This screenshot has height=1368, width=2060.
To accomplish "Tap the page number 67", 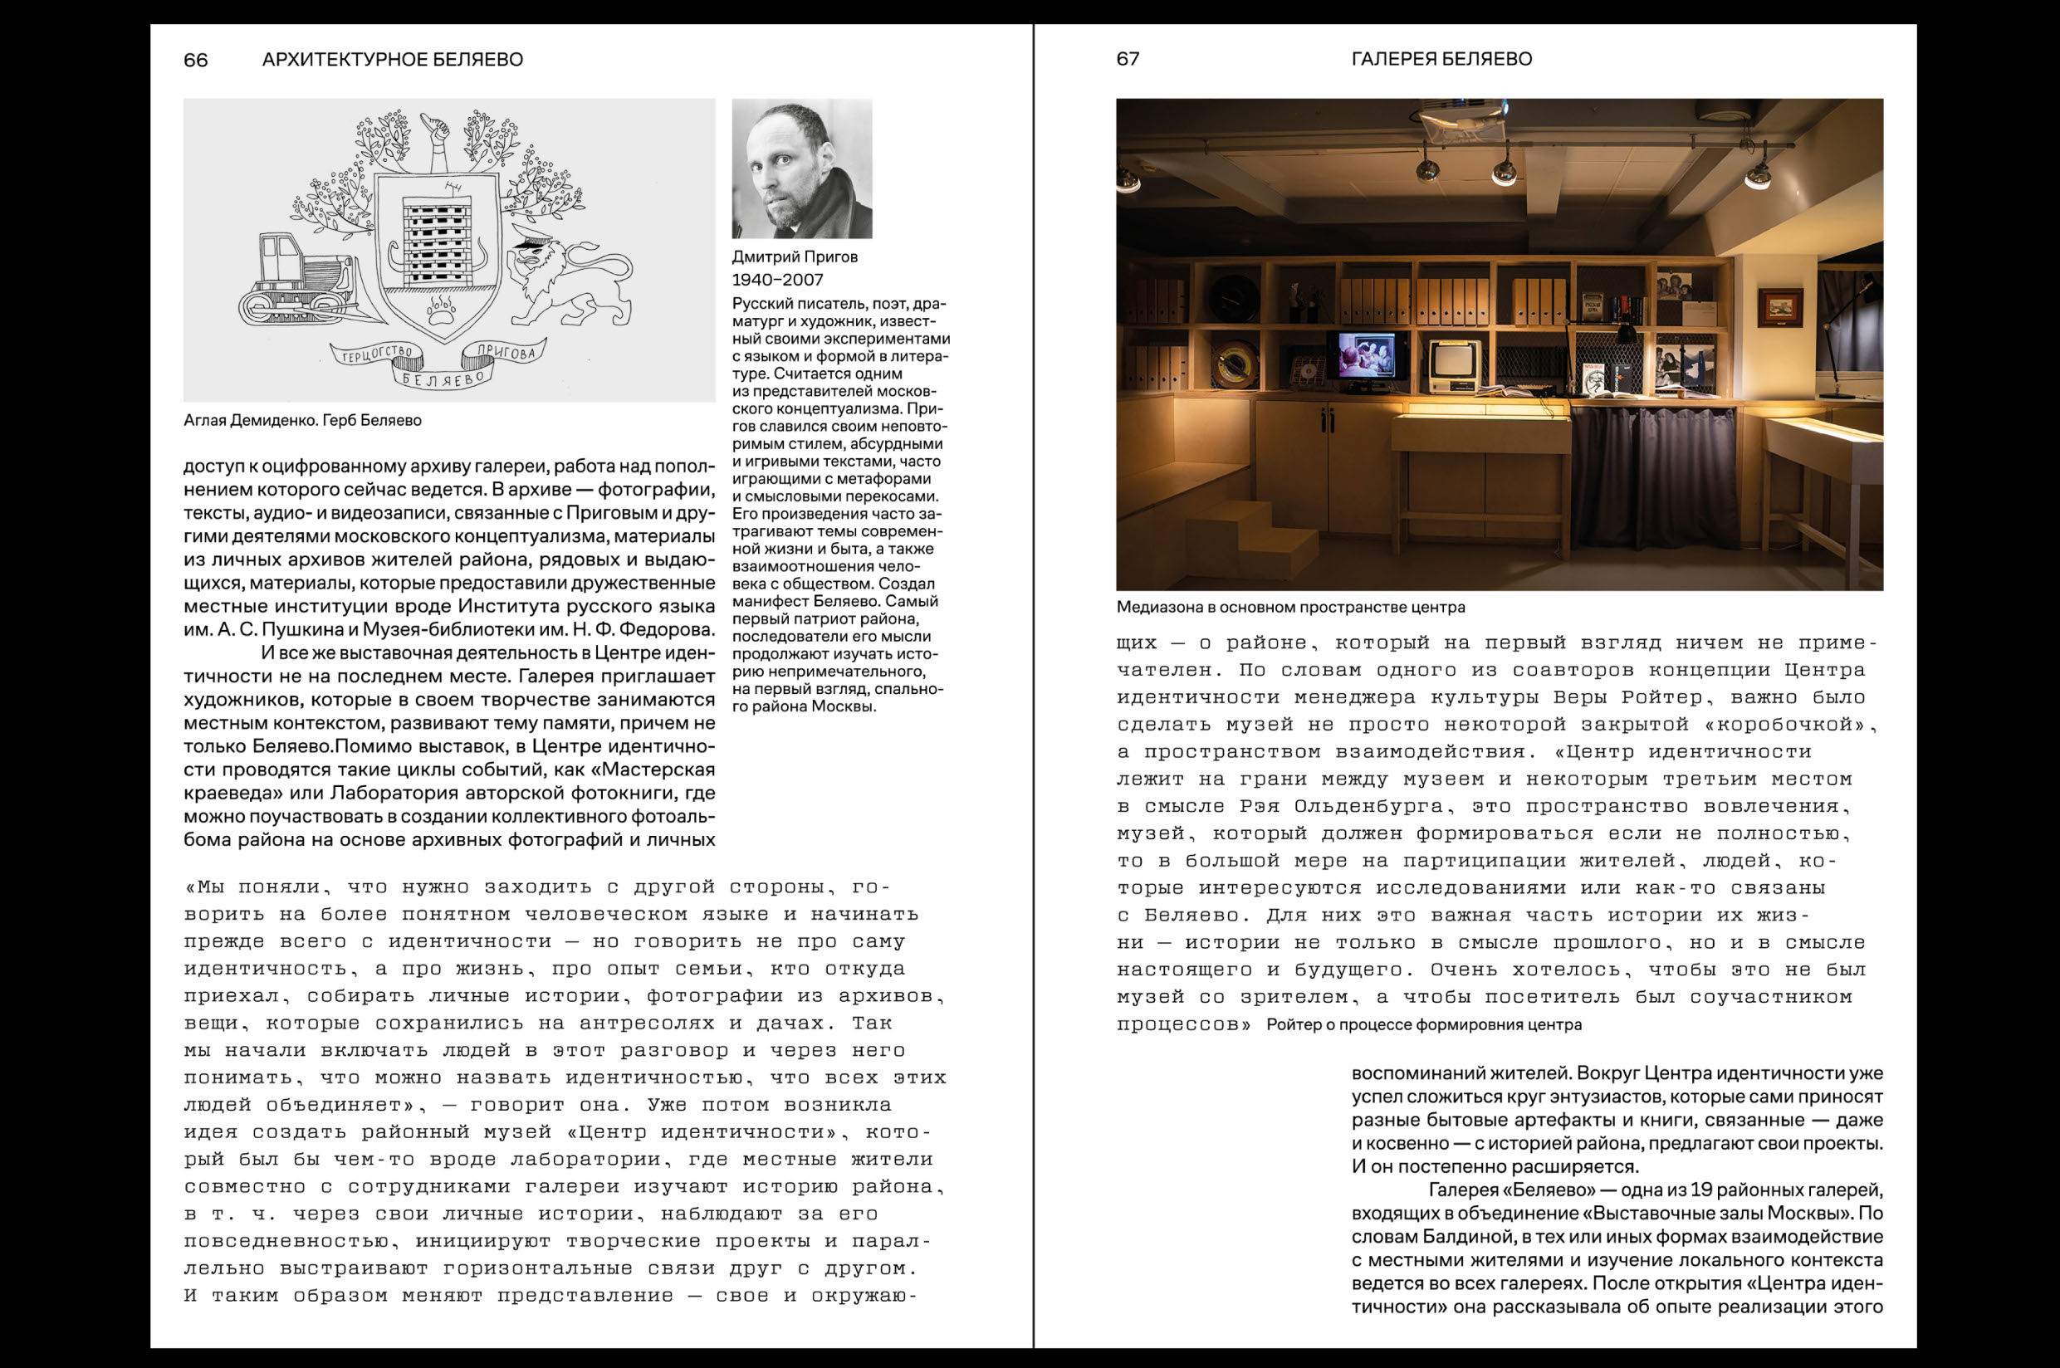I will click(x=1128, y=59).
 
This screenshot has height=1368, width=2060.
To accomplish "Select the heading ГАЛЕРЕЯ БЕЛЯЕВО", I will click(x=1441, y=59).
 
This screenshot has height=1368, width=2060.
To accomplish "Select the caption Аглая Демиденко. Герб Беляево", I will click(x=302, y=421).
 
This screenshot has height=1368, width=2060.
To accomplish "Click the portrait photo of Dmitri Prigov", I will click(x=801, y=169).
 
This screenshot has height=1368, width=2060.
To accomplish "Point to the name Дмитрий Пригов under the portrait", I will click(x=794, y=257).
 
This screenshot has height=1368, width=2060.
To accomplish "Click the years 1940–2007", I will click(x=776, y=280).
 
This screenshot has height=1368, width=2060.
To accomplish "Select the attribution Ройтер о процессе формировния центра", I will click(x=1423, y=1025).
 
